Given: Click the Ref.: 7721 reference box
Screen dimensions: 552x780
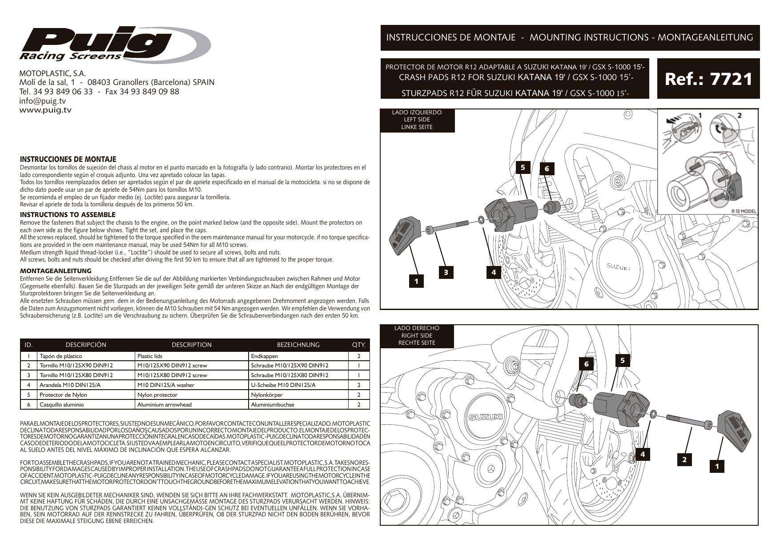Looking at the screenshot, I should (x=708, y=79).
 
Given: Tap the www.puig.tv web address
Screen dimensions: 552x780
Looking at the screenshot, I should (x=45, y=109).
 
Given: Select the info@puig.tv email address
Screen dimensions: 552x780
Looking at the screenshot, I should (x=42, y=101).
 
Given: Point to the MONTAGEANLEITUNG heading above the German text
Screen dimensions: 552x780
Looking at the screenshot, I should (x=56, y=270).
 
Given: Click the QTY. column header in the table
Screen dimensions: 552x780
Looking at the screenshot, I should (x=358, y=345).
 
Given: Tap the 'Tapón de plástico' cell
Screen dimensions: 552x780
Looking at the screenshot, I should (x=61, y=356).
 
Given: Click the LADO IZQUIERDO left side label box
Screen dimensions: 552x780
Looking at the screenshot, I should (x=417, y=120).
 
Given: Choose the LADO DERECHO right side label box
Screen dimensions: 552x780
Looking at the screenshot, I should (x=417, y=335).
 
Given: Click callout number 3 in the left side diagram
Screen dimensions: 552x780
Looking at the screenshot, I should (x=446, y=272).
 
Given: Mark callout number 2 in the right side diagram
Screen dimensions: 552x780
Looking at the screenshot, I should (x=684, y=459).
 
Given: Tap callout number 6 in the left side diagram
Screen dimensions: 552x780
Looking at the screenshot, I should (x=547, y=169).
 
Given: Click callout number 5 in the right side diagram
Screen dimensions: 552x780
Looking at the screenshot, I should (x=623, y=360).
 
